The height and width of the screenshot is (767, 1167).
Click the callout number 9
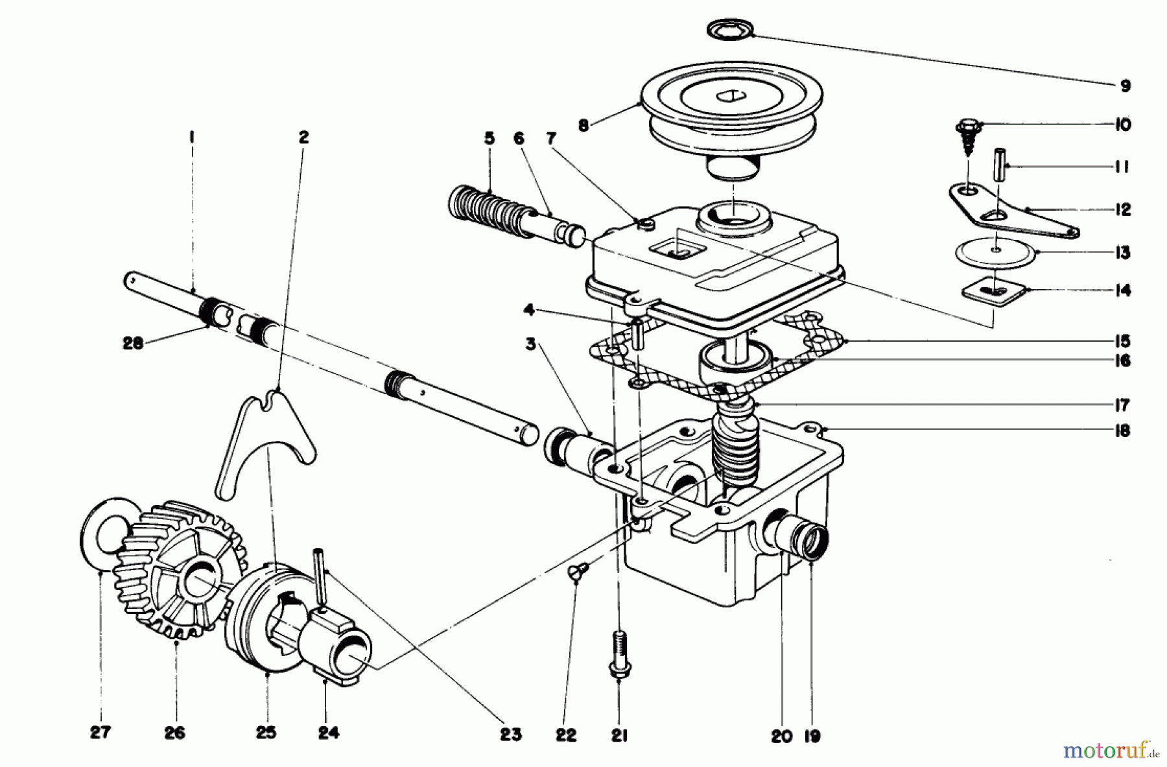(1124, 86)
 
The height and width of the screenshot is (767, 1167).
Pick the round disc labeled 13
(996, 252)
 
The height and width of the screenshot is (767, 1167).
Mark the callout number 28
(132, 344)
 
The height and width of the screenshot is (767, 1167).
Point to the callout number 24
(328, 733)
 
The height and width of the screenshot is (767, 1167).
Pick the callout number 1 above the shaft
(192, 137)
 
